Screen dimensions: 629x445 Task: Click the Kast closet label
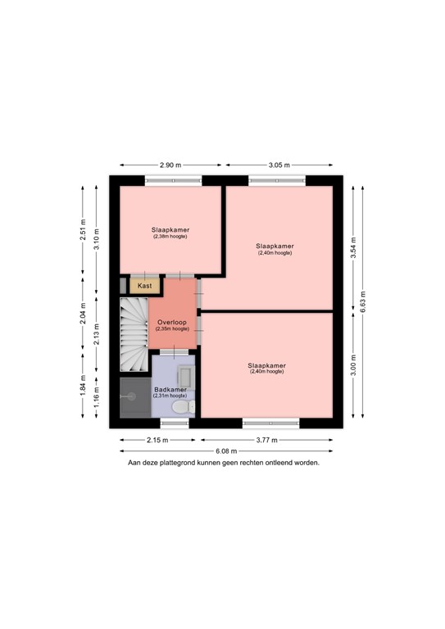145,286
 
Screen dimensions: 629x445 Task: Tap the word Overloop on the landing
172,323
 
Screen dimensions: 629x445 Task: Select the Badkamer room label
170,390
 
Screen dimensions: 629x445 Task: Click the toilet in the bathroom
185,405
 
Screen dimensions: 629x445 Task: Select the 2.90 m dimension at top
170,165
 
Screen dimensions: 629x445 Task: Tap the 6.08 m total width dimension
226,451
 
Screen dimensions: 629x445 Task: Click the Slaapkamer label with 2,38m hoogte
170,233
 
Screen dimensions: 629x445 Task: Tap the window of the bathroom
174,423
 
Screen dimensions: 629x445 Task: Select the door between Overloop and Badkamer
173,351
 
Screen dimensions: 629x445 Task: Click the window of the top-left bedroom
173,181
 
